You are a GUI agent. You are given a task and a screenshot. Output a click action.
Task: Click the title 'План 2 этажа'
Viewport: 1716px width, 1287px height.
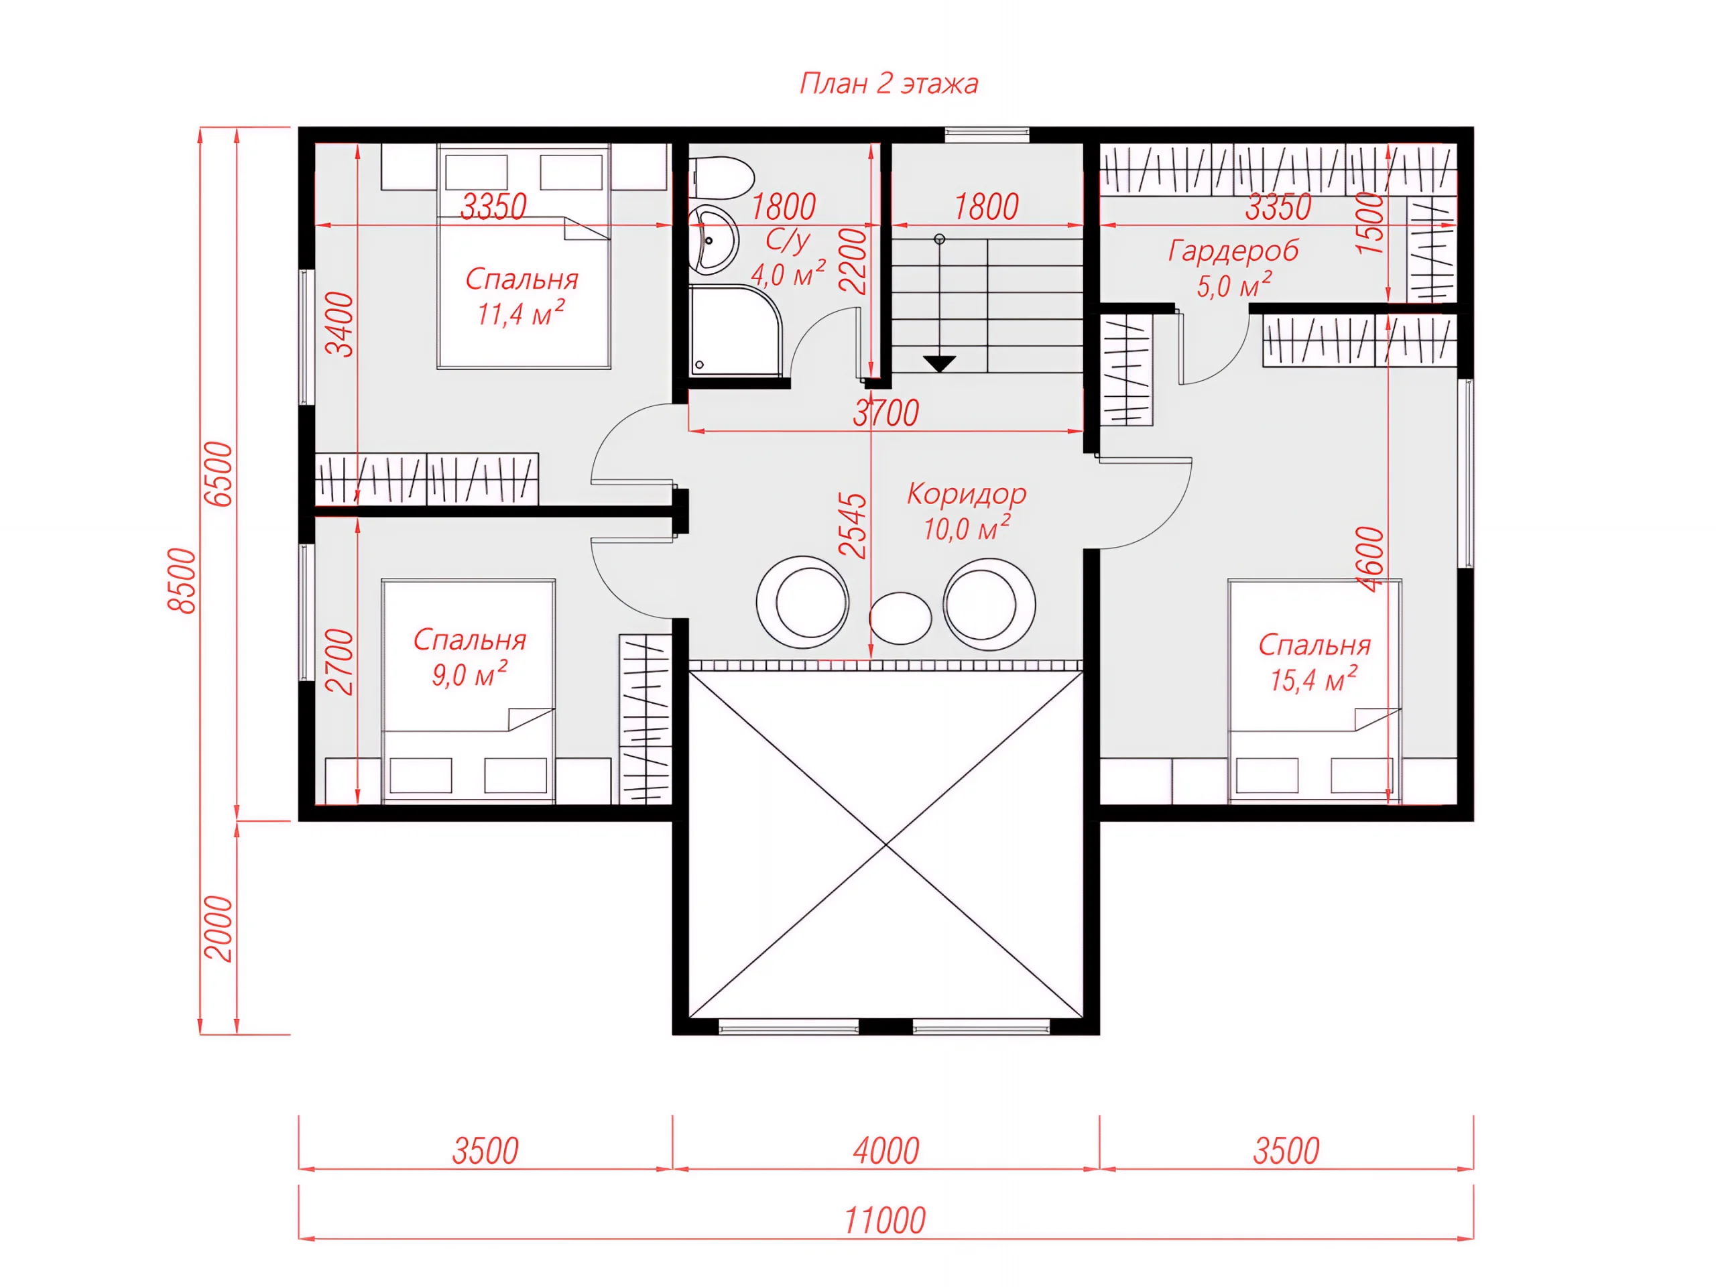tap(889, 83)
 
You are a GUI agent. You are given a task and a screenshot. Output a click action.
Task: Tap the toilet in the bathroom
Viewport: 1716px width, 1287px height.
tap(721, 178)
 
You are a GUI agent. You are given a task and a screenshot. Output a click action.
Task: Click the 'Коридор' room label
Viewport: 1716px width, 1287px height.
tap(967, 494)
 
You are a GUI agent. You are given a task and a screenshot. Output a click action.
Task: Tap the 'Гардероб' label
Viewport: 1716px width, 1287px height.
tap(1233, 251)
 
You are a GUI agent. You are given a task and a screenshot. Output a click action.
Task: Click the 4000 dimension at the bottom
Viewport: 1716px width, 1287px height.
tap(886, 1151)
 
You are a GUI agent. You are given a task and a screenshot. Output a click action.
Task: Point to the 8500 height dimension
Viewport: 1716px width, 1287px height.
tap(183, 581)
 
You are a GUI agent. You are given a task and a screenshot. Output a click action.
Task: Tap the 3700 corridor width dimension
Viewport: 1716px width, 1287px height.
tap(886, 413)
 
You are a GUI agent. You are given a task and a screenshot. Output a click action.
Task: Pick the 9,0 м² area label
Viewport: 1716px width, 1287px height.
tap(470, 675)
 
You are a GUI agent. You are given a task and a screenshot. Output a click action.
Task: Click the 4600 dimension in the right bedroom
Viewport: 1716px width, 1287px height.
tap(1371, 559)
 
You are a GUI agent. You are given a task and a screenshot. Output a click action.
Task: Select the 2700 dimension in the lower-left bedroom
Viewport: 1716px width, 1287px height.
tap(340, 662)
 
